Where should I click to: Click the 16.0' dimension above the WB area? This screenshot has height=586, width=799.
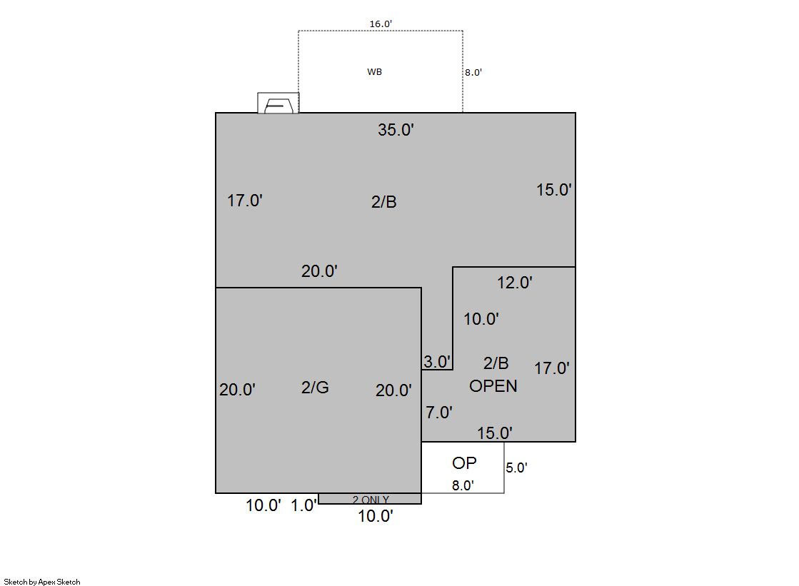[x=381, y=24]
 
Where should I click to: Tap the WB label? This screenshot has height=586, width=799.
[x=375, y=72]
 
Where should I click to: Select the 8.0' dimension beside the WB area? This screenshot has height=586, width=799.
[x=473, y=72]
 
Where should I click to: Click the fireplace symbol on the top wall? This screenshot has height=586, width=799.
[x=278, y=103]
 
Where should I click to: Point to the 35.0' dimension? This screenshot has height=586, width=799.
[x=396, y=130]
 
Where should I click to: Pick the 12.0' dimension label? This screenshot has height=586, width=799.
[x=515, y=283]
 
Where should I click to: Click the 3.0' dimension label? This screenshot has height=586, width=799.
[x=437, y=361]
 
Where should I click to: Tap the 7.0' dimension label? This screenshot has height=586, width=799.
[x=439, y=413]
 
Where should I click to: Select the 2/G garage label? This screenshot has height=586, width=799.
[x=315, y=388]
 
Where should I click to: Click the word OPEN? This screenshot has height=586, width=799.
[x=493, y=385]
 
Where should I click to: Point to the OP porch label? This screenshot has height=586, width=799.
[x=464, y=463]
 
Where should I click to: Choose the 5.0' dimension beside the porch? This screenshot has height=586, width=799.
[x=516, y=468]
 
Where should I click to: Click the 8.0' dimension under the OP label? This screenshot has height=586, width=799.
[x=463, y=485]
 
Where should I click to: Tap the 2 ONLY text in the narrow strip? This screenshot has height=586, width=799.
[x=371, y=500]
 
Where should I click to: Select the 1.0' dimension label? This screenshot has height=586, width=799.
[x=303, y=505]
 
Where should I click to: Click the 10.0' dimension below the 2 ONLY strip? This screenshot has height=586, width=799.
[x=376, y=516]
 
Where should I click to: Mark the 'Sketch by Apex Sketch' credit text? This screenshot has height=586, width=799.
[x=42, y=582]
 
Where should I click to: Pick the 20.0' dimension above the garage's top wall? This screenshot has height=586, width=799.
[x=319, y=271]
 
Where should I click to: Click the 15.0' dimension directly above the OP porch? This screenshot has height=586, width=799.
[x=495, y=433]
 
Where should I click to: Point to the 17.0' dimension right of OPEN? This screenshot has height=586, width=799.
[x=552, y=368]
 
